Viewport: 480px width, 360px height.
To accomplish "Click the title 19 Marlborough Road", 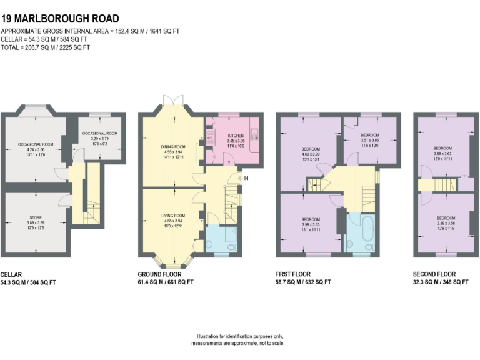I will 60,19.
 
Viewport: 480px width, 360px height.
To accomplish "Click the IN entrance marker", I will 247,179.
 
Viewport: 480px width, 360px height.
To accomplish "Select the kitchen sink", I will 254,132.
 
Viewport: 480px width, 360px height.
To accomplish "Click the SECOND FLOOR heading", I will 434,274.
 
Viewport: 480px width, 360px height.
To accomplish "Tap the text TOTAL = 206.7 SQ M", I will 45,47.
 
